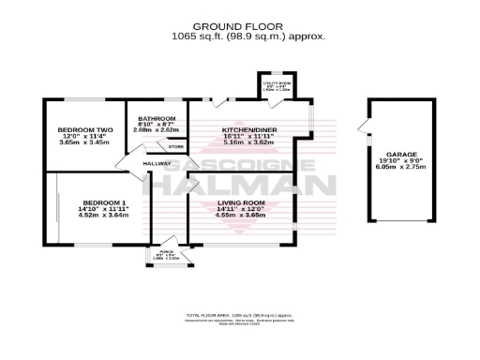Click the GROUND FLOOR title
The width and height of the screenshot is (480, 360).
[x=240, y=26]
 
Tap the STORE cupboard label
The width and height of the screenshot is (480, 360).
[x=175, y=147]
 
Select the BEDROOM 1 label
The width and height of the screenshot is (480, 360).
[x=103, y=203]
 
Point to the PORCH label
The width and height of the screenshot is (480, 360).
[x=166, y=253]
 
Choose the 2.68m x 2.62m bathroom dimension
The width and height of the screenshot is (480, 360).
[x=157, y=130]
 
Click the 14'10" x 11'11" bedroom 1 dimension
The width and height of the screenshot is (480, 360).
[x=103, y=210]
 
